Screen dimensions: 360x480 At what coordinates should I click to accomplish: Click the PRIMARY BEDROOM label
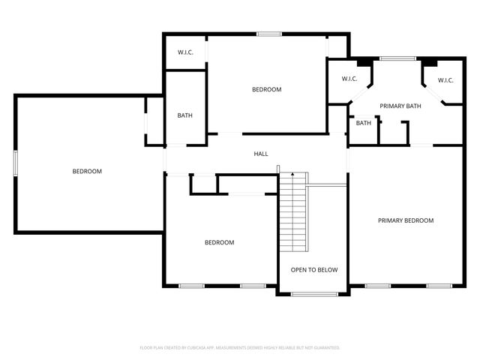(406, 220)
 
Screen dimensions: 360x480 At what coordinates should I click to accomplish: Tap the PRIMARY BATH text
(400, 106)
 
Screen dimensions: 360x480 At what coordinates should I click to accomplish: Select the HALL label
(261, 154)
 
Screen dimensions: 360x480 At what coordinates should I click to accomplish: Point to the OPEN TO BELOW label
(314, 270)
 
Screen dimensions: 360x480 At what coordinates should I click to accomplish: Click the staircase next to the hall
(293, 214)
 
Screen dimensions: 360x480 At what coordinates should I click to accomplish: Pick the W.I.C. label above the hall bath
(186, 52)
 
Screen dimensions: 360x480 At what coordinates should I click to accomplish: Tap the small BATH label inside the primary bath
(364, 123)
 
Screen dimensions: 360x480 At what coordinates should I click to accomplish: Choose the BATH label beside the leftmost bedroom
(185, 115)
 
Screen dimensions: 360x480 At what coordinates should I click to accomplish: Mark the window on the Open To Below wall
(314, 294)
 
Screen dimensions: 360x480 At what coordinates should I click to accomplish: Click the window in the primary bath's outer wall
(397, 58)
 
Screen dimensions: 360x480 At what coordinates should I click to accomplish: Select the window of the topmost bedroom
(269, 34)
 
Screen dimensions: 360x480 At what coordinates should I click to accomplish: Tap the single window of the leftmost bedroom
(15, 163)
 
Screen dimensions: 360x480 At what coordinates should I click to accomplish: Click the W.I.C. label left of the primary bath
(349, 79)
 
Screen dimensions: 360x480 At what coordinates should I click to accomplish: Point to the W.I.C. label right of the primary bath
(445, 80)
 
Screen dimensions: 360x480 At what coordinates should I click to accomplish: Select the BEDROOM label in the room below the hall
(220, 242)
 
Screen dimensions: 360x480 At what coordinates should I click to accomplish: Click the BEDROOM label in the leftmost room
(87, 172)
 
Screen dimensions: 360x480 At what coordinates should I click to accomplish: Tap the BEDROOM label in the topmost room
(266, 90)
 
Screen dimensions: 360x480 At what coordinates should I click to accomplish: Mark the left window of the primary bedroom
(376, 286)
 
